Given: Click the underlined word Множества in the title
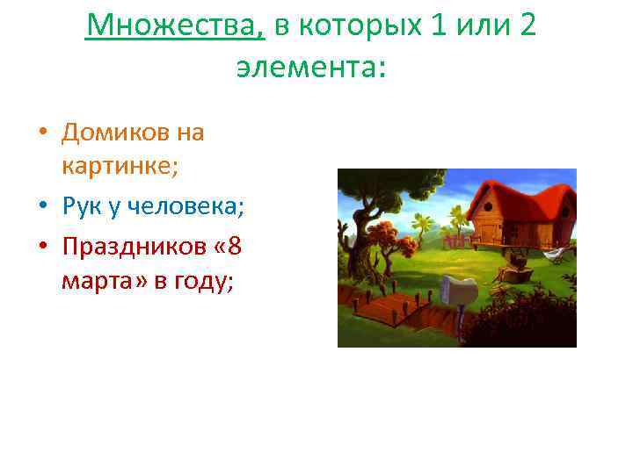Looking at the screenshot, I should (175, 27).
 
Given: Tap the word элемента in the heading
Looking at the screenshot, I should (310, 67).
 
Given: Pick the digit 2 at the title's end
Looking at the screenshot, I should (527, 27).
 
